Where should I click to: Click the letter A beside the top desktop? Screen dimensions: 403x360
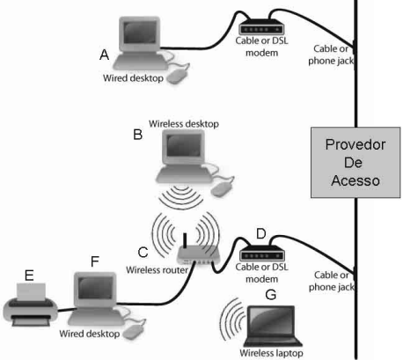tap(105, 55)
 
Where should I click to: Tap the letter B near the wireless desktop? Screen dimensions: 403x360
tap(138, 135)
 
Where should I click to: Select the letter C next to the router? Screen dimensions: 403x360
tap(143, 253)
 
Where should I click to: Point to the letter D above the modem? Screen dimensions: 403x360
tap(261, 234)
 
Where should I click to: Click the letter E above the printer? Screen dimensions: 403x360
tap(29, 276)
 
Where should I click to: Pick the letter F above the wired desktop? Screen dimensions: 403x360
tap(95, 261)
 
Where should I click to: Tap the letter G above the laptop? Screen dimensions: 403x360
tap(270, 294)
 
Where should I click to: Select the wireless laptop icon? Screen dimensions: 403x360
tap(274, 326)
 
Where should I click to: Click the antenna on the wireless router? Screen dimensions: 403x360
tap(185, 241)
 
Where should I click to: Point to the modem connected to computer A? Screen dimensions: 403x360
tap(261, 27)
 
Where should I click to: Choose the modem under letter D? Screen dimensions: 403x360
tap(262, 253)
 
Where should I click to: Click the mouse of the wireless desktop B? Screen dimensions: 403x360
tap(222, 187)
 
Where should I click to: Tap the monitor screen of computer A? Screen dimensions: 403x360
tap(140, 33)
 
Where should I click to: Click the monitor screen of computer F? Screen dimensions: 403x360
tap(95, 288)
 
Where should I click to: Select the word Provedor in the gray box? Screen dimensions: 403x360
tap(355, 144)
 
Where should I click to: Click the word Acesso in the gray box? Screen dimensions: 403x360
tap(355, 180)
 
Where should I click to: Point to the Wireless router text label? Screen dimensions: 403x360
tap(157, 270)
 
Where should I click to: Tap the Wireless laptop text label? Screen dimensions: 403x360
tap(271, 353)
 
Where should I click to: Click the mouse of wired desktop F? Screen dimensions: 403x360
tap(134, 331)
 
